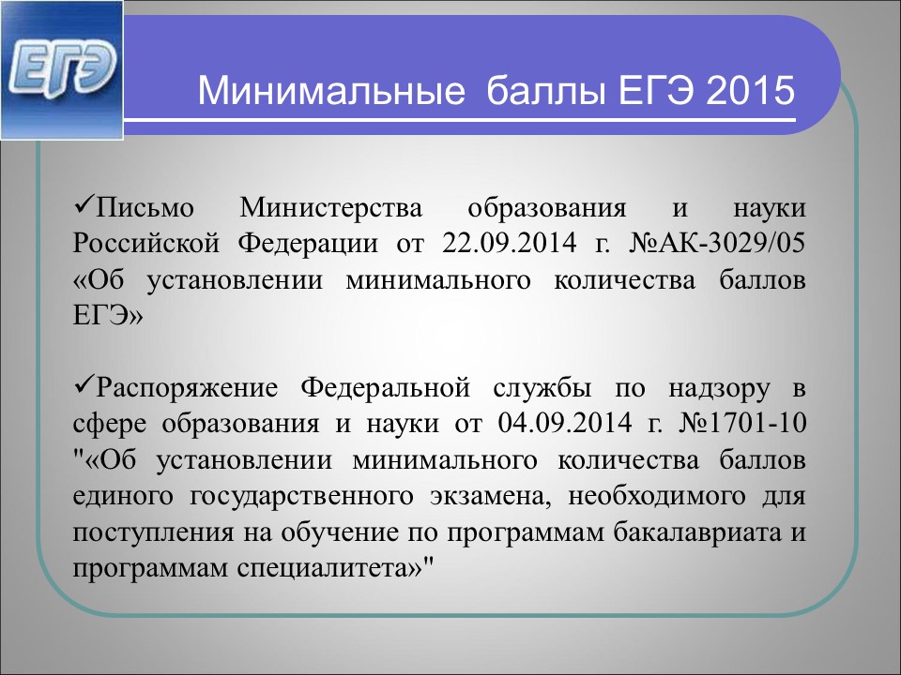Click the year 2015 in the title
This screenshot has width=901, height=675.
751,91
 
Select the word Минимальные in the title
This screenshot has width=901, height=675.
331,91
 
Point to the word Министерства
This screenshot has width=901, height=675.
330,207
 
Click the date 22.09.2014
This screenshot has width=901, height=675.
509,244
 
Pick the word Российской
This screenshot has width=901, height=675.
146,244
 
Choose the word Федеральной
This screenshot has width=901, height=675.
386,388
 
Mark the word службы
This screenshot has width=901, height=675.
542,389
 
